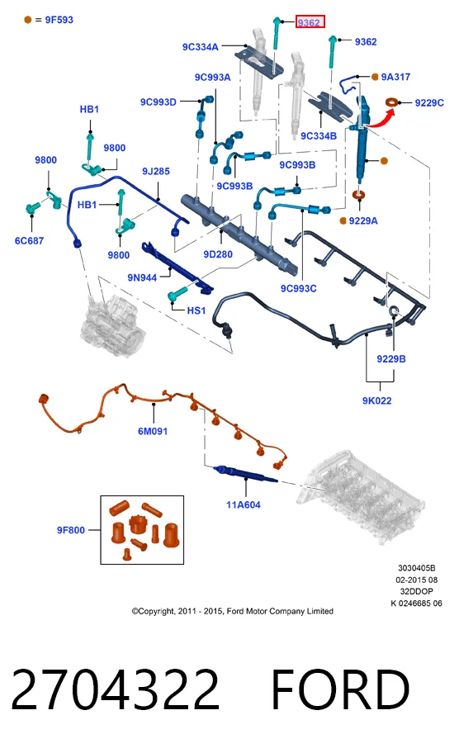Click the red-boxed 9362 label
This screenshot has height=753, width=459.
point(310,22)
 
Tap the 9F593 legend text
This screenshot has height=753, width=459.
point(59,20)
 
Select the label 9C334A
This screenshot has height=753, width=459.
point(201,46)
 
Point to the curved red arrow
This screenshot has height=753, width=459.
point(381,120)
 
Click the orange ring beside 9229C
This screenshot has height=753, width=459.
point(392,102)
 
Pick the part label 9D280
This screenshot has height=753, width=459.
point(218,254)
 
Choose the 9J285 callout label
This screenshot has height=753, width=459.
point(155,171)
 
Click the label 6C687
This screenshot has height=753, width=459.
point(29,240)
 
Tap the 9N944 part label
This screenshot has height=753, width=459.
point(142,277)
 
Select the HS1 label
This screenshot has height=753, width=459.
point(196,310)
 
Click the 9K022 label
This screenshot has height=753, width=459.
point(377,400)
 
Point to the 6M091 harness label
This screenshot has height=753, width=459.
point(153,431)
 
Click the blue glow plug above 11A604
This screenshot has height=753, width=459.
point(245,473)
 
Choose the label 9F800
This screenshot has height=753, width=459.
point(70,530)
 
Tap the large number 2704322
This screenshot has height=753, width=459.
point(116,689)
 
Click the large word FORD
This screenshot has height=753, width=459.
point(340,689)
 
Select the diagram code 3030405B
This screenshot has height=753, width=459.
point(416,568)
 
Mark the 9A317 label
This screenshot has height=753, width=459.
point(395,77)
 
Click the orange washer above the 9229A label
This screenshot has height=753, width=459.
point(358,195)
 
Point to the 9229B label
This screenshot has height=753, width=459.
point(390,358)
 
